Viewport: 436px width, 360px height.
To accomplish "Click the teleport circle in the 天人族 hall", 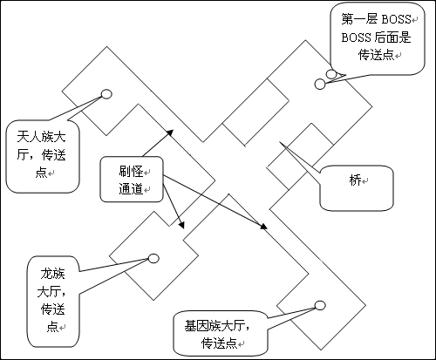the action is [x=106, y=94].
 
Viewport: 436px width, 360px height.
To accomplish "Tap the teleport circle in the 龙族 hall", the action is [x=153, y=258].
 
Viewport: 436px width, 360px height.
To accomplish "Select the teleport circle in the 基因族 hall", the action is [x=320, y=305].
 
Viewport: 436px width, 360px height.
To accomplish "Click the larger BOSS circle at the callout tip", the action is [x=320, y=84].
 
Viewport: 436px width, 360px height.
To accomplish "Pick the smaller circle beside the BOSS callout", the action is [x=331, y=74].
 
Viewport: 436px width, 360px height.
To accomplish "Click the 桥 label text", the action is [x=355, y=180].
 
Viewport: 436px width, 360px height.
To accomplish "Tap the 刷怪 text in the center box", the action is [x=131, y=171].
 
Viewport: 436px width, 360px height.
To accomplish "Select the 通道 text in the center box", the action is [x=131, y=189].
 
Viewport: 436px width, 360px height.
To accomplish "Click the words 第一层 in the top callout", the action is [x=359, y=19].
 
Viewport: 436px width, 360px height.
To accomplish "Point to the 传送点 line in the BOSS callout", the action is [x=376, y=55].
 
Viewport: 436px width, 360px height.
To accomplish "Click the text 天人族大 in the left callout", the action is [x=41, y=137].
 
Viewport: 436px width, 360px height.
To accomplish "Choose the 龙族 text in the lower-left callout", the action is [x=52, y=274].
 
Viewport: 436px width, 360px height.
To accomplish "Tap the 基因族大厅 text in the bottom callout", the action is [x=215, y=326].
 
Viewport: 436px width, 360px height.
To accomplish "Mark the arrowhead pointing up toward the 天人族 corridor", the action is [x=170, y=132].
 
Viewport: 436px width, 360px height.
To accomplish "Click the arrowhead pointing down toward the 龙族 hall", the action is [x=181, y=225].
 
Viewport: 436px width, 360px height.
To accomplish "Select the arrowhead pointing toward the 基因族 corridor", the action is [x=263, y=227].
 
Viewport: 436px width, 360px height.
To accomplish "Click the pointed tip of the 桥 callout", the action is [x=280, y=142].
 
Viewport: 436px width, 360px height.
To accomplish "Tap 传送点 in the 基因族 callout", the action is [x=220, y=343].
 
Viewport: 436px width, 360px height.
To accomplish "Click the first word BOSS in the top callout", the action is [x=396, y=19].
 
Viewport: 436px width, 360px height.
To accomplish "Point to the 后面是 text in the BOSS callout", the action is [x=392, y=37].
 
